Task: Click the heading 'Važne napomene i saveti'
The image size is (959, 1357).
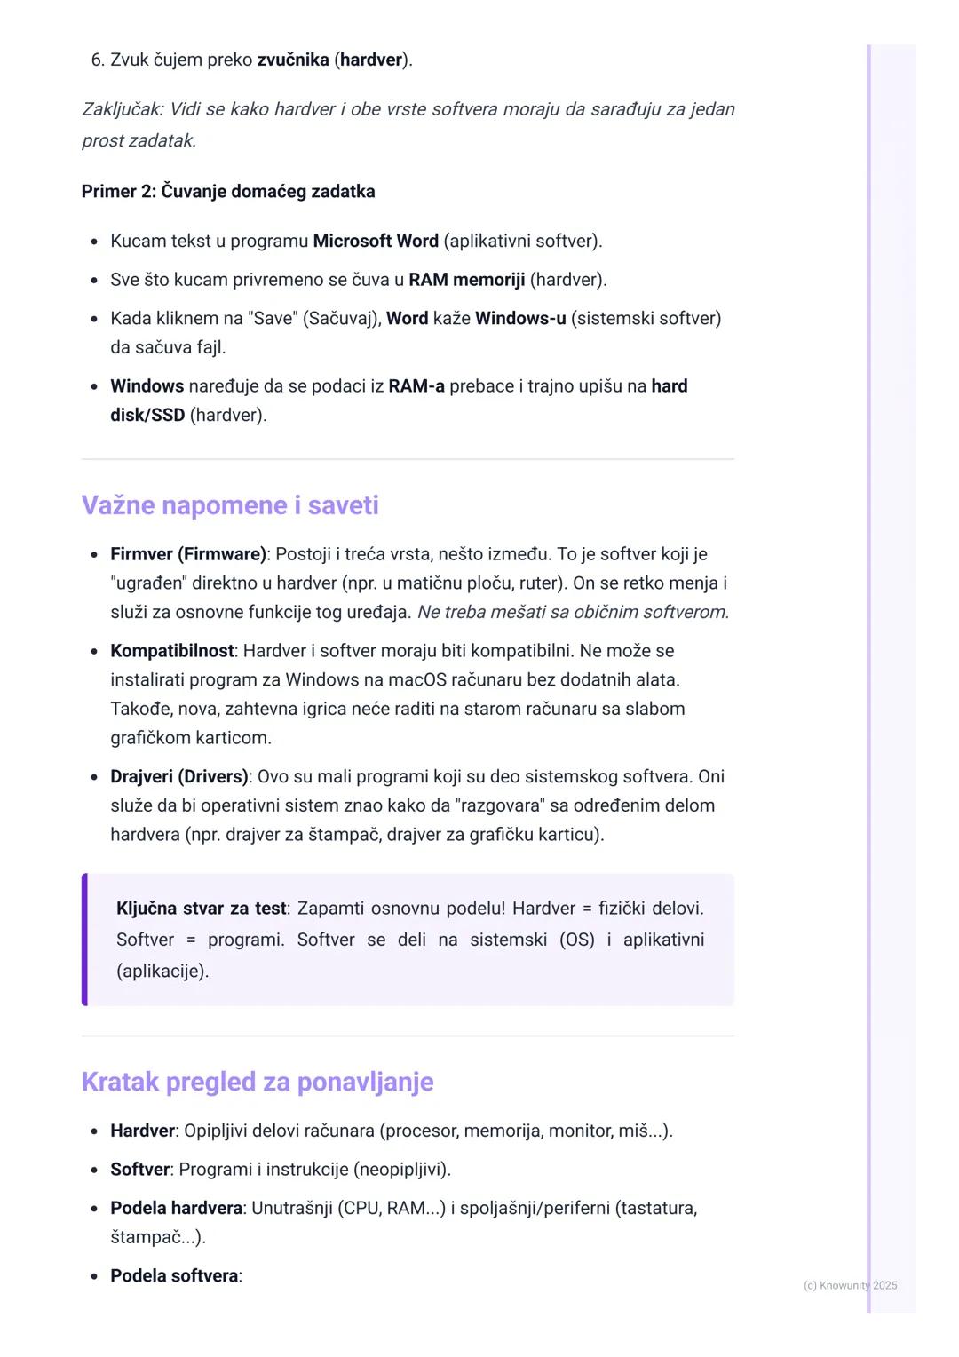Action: point(230,505)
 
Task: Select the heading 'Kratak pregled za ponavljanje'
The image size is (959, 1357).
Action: point(258,1082)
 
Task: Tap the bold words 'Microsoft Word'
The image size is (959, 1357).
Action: point(376,241)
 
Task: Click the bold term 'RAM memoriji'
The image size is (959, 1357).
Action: point(466,280)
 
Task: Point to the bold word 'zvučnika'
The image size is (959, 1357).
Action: point(292,60)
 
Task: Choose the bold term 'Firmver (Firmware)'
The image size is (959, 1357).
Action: point(188,554)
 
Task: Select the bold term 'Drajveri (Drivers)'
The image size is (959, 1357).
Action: point(178,776)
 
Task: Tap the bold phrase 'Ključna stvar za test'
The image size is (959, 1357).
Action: point(202,909)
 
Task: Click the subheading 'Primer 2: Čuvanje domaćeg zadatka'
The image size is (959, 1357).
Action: point(228,192)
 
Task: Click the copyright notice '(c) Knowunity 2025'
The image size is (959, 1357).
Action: point(850,1285)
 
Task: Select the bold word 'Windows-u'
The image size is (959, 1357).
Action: point(520,318)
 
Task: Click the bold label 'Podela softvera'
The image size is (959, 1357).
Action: point(174,1276)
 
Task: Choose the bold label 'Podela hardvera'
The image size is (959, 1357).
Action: point(176,1208)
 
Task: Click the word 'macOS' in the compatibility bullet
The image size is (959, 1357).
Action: point(418,680)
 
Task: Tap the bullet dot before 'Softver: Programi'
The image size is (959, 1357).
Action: point(94,1171)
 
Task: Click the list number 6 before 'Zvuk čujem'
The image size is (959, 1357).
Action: point(97,60)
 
